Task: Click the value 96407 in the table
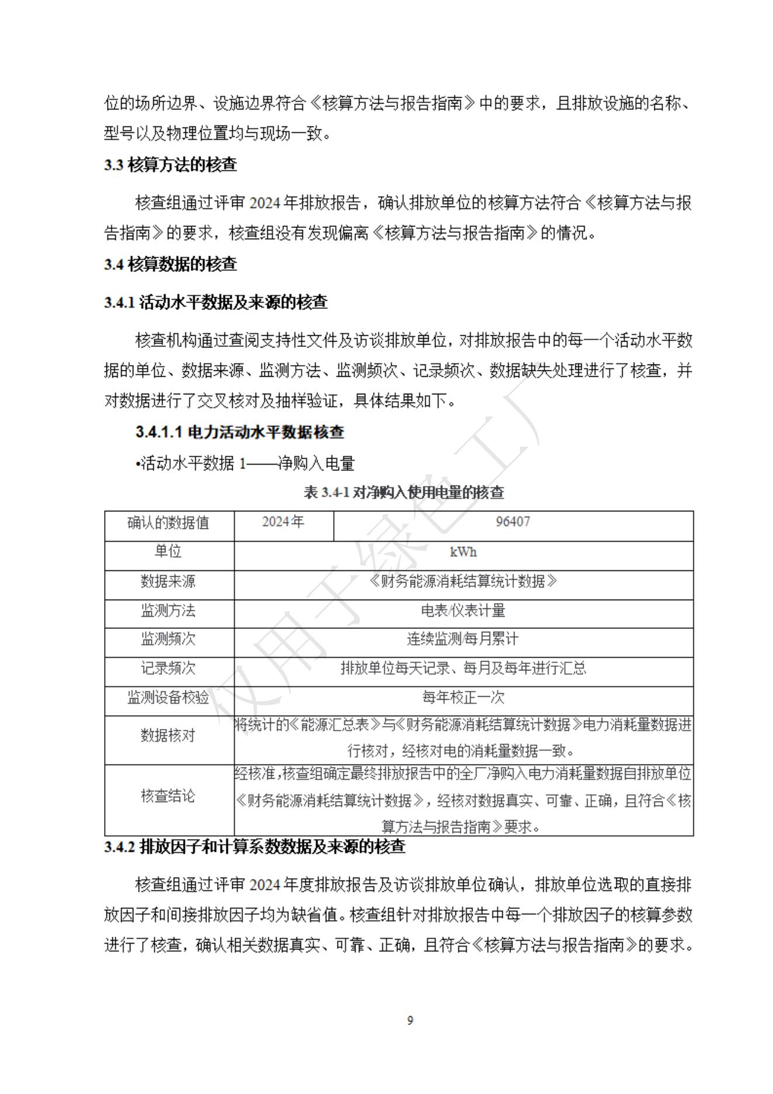point(513,522)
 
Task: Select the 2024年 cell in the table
point(283,522)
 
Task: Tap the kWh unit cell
point(463,552)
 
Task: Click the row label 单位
point(168,552)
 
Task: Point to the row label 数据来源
point(168,582)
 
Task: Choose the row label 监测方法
point(168,611)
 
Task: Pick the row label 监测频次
point(168,639)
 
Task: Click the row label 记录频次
point(168,669)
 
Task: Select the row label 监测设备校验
point(168,697)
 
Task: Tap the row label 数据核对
point(168,736)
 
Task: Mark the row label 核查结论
point(168,796)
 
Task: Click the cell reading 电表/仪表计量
point(463,611)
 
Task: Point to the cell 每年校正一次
point(463,697)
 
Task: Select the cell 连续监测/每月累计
point(463,639)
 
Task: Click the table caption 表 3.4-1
point(404,493)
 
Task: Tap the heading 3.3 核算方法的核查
point(171,165)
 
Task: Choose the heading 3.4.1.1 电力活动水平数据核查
point(240,432)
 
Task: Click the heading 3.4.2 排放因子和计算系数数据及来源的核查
point(254,847)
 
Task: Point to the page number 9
point(410,1021)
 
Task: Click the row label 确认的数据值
point(168,522)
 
